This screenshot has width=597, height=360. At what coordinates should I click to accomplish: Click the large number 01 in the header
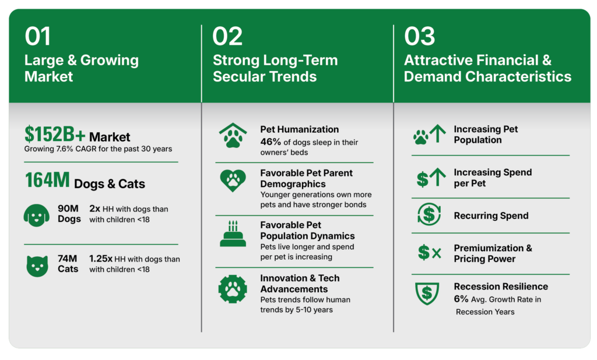point(37,37)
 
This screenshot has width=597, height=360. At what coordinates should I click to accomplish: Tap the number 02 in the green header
point(227,37)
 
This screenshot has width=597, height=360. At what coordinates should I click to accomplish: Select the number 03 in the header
point(419,37)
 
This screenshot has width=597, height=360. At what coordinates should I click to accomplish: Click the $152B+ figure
point(55,135)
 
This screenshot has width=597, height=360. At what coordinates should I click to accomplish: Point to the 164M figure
point(47,181)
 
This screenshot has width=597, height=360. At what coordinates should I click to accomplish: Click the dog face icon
point(37,216)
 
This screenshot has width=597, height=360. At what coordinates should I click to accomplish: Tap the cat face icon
point(37,266)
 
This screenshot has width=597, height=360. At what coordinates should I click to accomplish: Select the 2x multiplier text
point(95,209)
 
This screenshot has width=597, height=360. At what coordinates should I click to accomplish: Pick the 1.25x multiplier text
point(100,259)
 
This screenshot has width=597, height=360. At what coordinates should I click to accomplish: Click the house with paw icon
point(233,136)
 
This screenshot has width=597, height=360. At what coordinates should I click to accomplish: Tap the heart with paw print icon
point(233,181)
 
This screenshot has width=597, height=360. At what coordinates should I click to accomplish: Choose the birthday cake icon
point(233,234)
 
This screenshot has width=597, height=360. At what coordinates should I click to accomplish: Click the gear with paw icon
point(233,289)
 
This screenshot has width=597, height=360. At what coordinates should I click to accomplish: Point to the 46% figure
point(271,142)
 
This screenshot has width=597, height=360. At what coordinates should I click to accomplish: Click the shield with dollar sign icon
point(427,294)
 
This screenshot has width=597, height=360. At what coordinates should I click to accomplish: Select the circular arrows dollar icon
point(429,214)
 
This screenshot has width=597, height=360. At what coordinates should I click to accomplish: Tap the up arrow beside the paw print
point(438,133)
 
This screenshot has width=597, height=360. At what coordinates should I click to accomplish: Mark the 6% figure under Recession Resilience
point(461,299)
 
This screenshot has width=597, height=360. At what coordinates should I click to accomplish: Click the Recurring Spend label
point(491,216)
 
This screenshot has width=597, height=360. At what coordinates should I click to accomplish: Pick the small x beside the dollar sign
point(437,253)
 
